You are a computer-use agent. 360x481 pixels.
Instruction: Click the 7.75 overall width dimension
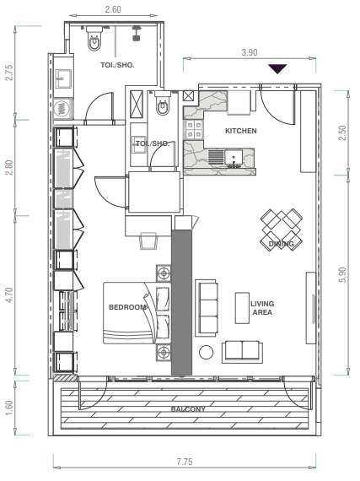(x=185, y=462)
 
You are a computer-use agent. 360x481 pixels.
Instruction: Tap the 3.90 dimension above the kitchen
(x=250, y=52)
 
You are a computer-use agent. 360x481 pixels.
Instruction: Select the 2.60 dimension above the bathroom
(x=113, y=9)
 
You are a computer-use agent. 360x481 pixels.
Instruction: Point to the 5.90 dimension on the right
(x=343, y=275)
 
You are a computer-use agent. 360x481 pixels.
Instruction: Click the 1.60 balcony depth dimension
(x=9, y=408)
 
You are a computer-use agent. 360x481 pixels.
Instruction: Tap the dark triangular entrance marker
(x=277, y=68)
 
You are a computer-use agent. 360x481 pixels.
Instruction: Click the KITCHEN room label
(x=241, y=131)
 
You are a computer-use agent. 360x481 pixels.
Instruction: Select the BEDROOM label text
(x=127, y=307)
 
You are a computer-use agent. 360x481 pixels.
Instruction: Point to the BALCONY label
(x=188, y=409)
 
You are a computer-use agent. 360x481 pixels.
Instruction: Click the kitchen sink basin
(x=234, y=157)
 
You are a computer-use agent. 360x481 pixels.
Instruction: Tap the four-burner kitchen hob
(x=194, y=129)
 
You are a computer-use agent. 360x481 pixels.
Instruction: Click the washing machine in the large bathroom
(x=62, y=109)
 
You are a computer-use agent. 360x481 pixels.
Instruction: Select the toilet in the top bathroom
(x=94, y=39)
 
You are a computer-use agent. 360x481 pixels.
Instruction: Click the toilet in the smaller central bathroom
(x=162, y=104)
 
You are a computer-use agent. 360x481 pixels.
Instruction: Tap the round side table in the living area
(x=207, y=352)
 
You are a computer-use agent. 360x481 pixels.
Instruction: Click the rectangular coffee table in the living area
(x=242, y=308)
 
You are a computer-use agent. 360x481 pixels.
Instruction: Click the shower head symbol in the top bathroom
(x=137, y=34)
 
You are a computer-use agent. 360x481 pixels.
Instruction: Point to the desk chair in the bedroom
(x=148, y=240)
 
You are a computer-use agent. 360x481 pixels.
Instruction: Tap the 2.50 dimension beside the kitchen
(x=343, y=132)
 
